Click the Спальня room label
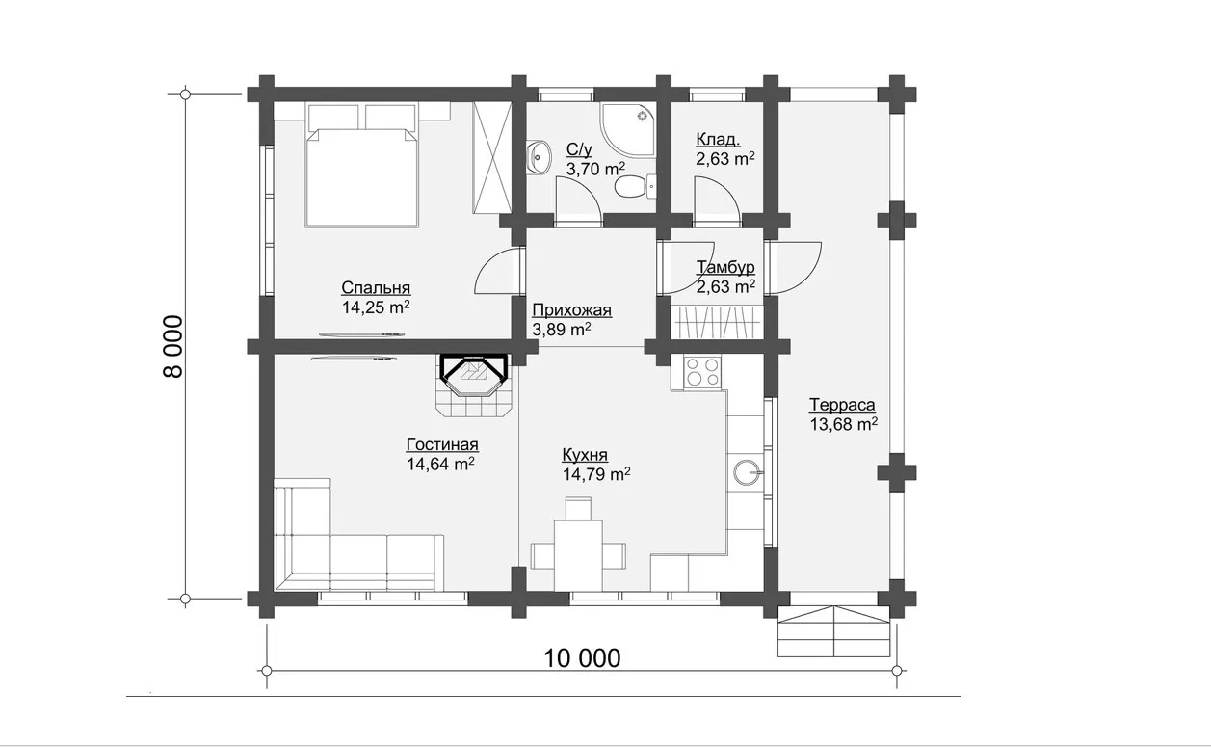376,288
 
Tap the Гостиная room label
442,444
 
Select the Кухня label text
585,455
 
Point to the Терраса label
842,405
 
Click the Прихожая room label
572,310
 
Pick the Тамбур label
725,267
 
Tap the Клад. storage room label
718,140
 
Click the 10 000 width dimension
582,658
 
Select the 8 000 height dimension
174,346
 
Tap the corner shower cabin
627,130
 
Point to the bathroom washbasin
538,158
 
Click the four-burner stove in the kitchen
702,372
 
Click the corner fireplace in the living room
474,386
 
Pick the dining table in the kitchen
578,555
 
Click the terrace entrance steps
833,631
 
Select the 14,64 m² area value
440,464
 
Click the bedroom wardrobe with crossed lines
491,157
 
